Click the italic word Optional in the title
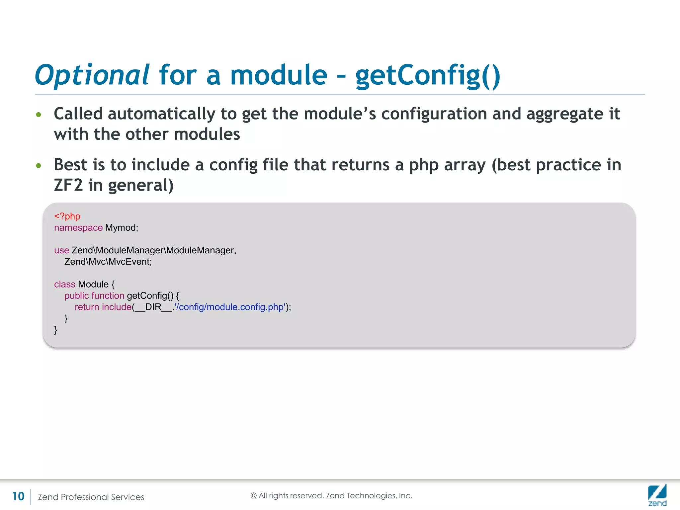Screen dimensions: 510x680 pyautogui.click(x=92, y=75)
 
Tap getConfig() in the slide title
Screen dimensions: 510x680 pyautogui.click(x=427, y=75)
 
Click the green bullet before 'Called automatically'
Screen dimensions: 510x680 pyautogui.click(x=39, y=115)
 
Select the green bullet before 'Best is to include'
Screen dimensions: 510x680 pyautogui.click(x=39, y=166)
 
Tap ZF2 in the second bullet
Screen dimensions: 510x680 pyautogui.click(x=68, y=185)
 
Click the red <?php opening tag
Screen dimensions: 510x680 pyautogui.click(x=67, y=216)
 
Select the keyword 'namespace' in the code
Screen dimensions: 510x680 pyautogui.click(x=78, y=228)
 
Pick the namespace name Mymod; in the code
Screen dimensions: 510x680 pyautogui.click(x=122, y=228)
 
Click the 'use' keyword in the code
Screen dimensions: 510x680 pyautogui.click(x=61, y=250)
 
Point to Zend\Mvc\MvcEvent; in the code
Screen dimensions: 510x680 pyautogui.click(x=108, y=262)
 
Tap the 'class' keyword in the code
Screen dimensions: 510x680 pyautogui.click(x=64, y=285)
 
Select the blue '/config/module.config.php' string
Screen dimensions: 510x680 pyautogui.click(x=230, y=307)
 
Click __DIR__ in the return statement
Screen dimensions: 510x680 pyautogui.click(x=153, y=307)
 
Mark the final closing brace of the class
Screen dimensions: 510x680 pyautogui.click(x=56, y=330)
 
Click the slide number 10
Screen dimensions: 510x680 pyautogui.click(x=18, y=496)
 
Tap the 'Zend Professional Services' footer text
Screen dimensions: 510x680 pyautogui.click(x=91, y=497)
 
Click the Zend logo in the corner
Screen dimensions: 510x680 pyautogui.click(x=657, y=495)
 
